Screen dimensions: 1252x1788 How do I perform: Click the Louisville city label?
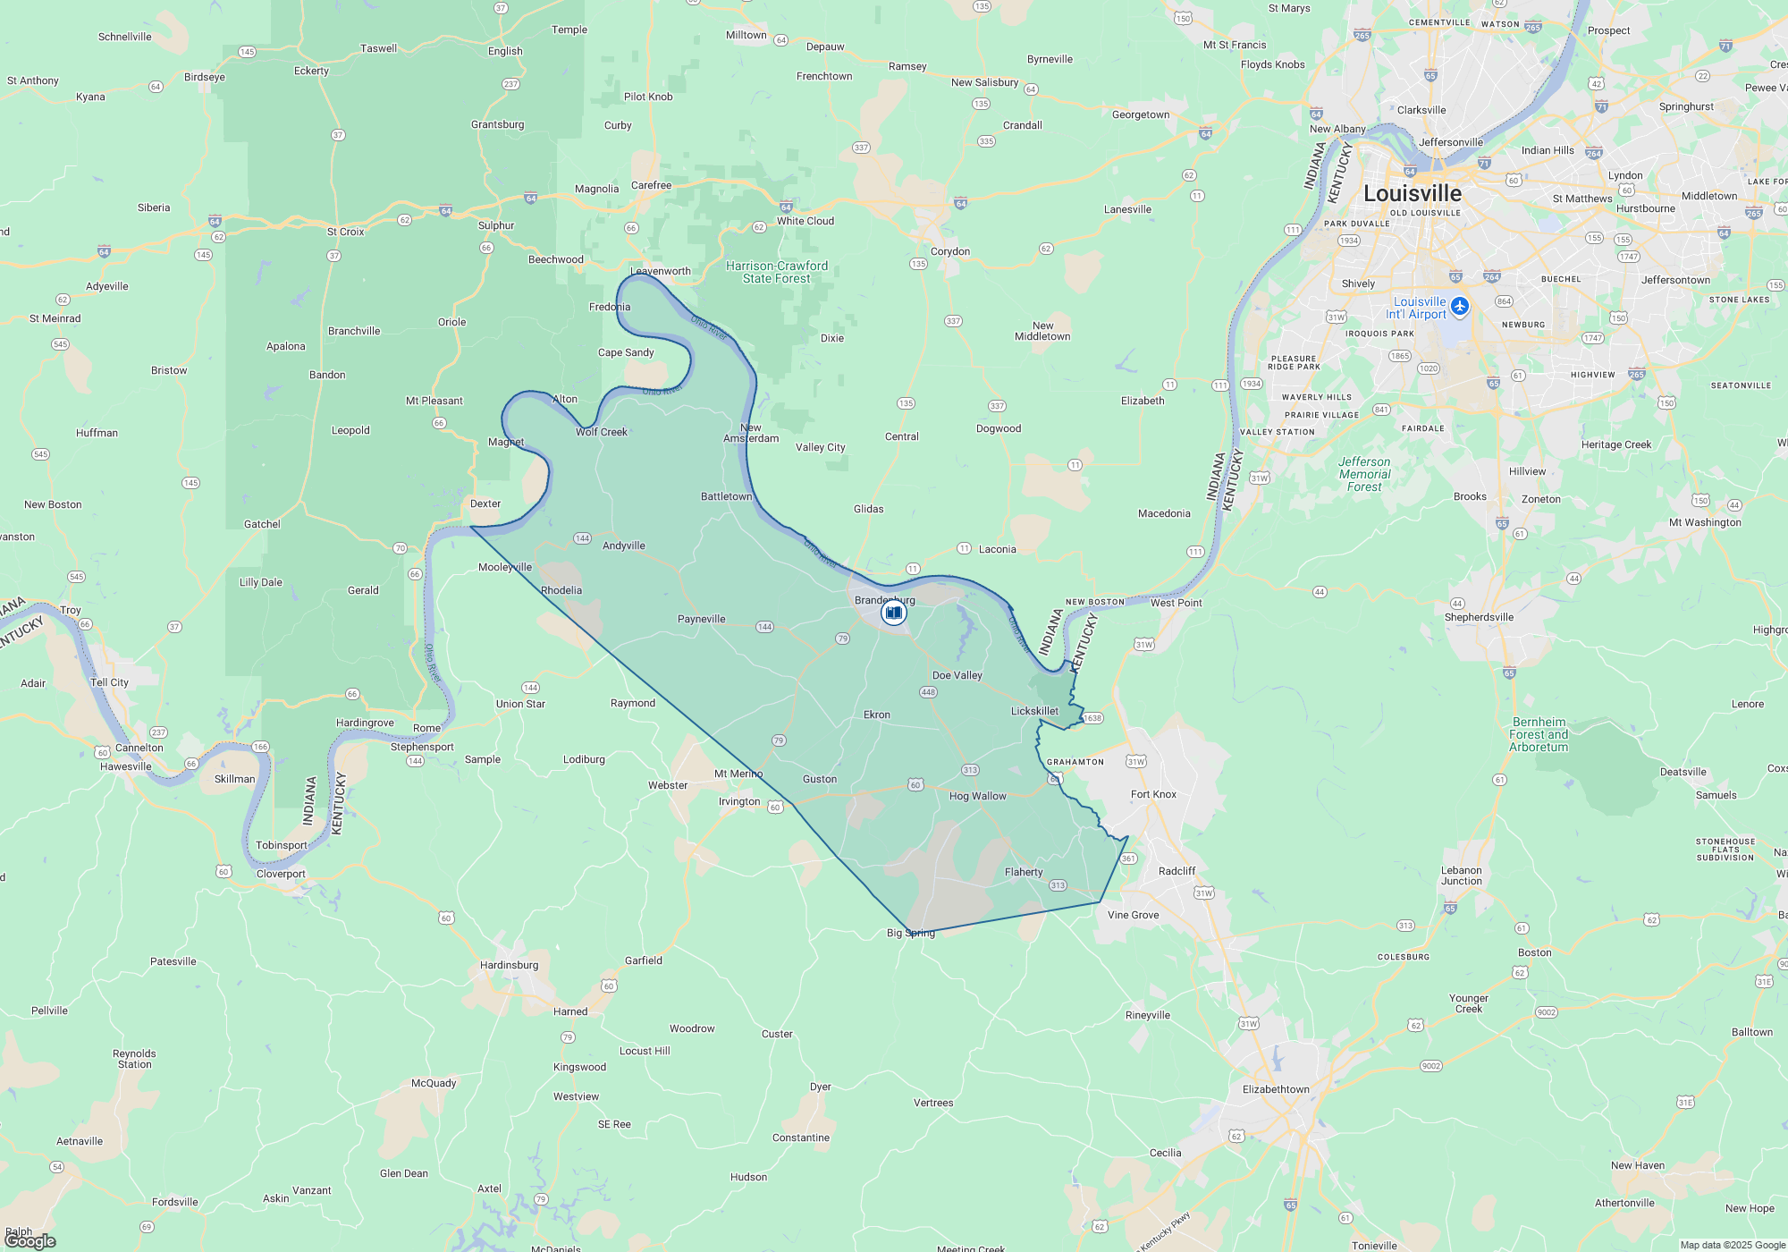[1413, 193]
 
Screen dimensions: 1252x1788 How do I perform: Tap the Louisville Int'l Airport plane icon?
[1460, 307]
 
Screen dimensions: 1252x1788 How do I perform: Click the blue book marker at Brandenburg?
[893, 613]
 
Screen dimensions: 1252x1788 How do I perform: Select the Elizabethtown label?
[1276, 1089]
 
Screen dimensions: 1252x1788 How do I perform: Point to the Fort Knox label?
[1153, 794]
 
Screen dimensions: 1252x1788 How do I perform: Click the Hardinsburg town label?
[509, 965]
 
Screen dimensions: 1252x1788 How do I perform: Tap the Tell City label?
[109, 682]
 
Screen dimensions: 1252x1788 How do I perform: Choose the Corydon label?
[949, 251]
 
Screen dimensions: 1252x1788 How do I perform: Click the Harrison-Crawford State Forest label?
[777, 272]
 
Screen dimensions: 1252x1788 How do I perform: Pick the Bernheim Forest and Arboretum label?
[1539, 734]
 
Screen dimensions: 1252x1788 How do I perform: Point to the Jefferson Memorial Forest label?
[1364, 474]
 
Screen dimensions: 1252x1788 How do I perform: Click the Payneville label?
[702, 619]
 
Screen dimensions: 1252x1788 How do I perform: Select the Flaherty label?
[1024, 872]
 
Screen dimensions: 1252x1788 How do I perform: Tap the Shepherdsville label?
[1479, 617]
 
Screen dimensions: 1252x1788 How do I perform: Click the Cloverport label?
[281, 874]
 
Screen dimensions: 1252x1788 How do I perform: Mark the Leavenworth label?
[661, 271]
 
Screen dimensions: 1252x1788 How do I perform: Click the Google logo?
[30, 1240]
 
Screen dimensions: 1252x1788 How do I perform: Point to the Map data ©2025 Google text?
[1733, 1245]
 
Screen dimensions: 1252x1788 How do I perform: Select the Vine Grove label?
[1133, 915]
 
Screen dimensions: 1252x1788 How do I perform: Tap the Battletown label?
[726, 496]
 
